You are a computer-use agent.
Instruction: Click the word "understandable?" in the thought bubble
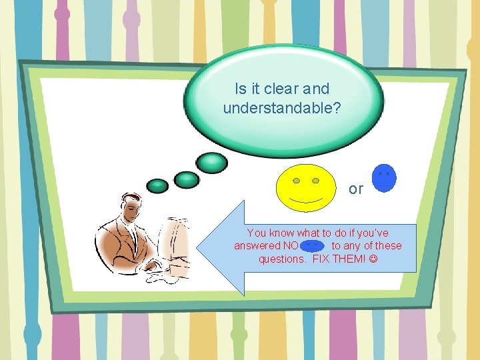[282, 107]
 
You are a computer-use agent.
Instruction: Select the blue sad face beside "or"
[384, 178]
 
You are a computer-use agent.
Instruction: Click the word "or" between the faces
[356, 189]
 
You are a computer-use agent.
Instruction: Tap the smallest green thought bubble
[157, 185]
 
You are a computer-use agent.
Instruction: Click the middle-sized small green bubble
[186, 179]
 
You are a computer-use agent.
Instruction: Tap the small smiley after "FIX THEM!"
[372, 259]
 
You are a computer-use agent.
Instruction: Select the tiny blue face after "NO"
[313, 246]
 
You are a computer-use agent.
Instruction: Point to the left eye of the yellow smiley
[297, 181]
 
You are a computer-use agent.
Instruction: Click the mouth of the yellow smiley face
[306, 199]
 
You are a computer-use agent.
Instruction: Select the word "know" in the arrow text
[281, 233]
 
